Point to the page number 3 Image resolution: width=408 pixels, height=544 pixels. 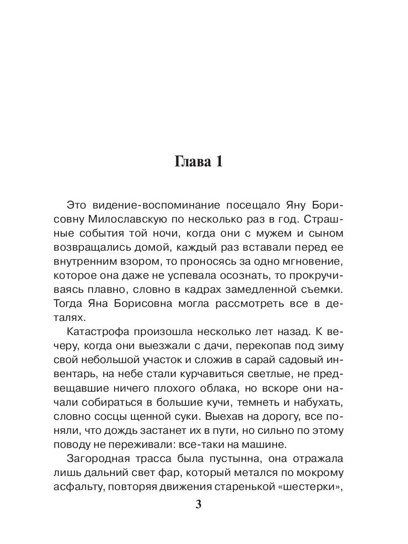tap(198, 505)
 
